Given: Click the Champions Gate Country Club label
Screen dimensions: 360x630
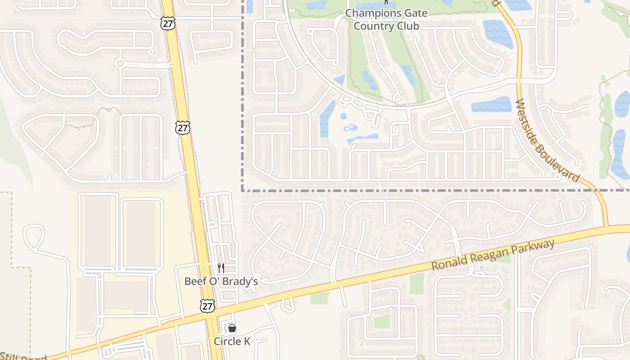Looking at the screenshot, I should tap(386, 19).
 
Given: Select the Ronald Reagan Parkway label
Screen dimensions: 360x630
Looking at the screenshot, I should tap(493, 255).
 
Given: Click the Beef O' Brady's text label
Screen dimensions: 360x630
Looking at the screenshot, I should tap(221, 281).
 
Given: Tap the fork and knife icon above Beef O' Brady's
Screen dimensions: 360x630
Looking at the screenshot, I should tap(221, 268).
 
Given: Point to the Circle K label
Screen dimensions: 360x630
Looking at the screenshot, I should tap(232, 341).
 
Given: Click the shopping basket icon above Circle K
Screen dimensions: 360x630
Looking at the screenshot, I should tap(232, 328).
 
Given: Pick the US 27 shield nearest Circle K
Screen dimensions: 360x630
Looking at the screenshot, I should tap(207, 306).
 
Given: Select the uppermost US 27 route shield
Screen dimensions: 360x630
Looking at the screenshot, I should tap(168, 24).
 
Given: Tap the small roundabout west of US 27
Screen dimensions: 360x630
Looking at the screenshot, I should tap(120, 63).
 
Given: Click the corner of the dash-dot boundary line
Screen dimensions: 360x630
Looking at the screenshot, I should tap(243, 190).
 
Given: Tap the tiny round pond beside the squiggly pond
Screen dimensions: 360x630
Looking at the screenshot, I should tap(343, 116).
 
